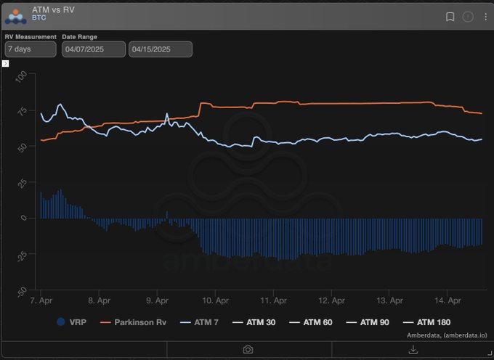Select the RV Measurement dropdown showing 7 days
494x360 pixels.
pos(30,49)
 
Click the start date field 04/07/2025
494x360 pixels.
pos(94,49)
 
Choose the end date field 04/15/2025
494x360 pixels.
pos(160,49)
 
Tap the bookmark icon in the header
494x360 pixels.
pos(450,16)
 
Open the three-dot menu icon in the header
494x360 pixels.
pos(485,16)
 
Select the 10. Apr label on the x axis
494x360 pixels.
pos(214,300)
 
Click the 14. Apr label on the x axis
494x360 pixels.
pos(448,300)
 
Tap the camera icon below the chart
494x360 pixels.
pos(248,350)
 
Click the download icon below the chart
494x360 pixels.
pos(413,350)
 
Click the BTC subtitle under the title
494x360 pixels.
pos(39,17)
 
